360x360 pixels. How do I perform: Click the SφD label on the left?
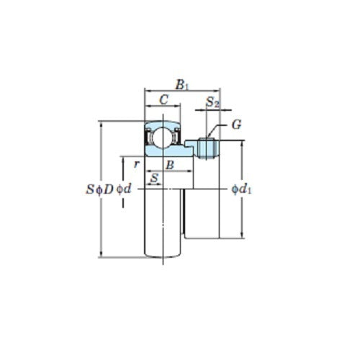[x=99, y=189]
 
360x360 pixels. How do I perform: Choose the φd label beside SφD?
[x=124, y=189]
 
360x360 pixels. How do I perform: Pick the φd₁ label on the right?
[x=243, y=189]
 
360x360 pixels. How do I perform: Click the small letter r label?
[x=135, y=163]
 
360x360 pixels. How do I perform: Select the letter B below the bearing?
[x=169, y=165]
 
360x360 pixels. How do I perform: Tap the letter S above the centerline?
[x=153, y=178]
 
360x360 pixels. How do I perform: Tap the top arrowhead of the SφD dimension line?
[x=101, y=124]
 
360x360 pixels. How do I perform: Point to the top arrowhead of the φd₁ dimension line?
[x=240, y=143]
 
